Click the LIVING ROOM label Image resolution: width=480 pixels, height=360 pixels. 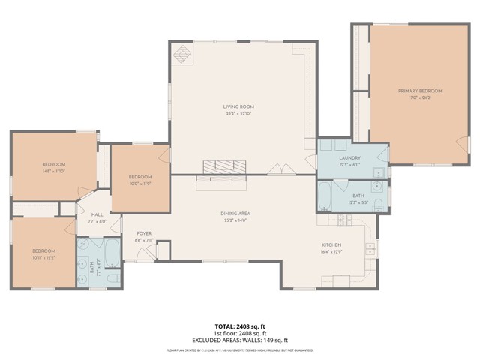point(239,107)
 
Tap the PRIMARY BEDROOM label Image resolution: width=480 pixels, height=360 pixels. point(414,91)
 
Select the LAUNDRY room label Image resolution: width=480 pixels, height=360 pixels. point(349,157)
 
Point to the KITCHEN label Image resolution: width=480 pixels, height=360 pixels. point(331,245)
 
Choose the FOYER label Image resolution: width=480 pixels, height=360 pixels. point(144,234)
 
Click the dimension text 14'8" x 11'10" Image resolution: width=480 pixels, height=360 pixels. point(53,171)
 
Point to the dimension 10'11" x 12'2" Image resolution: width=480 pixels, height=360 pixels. point(43,257)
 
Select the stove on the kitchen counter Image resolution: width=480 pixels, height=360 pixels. point(344,220)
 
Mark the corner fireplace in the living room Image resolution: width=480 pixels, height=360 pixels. point(182,55)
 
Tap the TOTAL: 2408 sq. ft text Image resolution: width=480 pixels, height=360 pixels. point(240,327)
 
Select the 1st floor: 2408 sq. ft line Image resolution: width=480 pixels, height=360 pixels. point(240,333)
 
